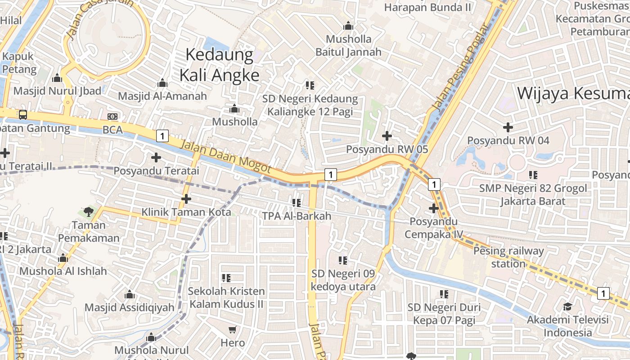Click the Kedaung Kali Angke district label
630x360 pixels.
pos(220,65)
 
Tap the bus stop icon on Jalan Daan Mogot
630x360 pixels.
pos(22,114)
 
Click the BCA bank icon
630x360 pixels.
pos(112,117)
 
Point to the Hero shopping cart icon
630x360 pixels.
pos(233,330)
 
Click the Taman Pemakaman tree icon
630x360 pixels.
pos(88,211)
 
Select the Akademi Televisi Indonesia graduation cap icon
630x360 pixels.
pos(567,306)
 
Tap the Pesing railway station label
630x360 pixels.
pos(508,257)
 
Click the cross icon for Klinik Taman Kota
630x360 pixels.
pos(186,198)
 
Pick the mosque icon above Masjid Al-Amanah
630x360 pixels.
pos(162,83)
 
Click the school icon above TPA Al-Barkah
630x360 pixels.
pos(297,203)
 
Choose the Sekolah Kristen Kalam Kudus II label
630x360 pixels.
pos(226,297)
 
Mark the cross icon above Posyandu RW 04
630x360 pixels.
pos(508,127)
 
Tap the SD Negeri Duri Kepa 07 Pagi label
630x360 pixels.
pos(444,314)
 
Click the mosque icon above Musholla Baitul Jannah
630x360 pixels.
pos(348,26)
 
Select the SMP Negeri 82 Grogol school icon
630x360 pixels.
pos(533,175)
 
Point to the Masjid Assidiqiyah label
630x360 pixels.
pos(130,307)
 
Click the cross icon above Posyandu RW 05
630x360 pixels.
pos(387,135)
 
